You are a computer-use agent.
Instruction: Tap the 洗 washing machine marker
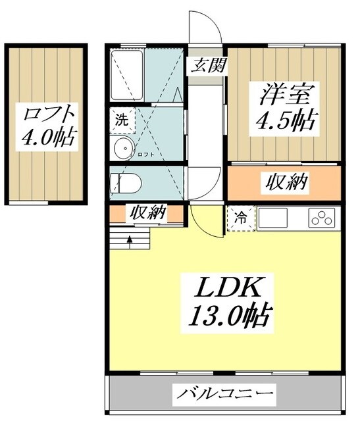122,120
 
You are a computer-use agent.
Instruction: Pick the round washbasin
122,149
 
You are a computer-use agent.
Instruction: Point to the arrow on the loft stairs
129,239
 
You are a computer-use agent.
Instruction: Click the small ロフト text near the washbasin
145,155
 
